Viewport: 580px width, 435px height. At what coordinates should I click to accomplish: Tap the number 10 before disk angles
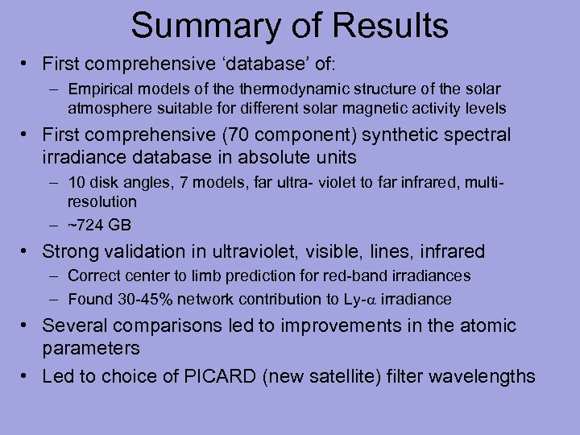77,181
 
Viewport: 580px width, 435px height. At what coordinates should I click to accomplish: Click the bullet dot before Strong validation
27,252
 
